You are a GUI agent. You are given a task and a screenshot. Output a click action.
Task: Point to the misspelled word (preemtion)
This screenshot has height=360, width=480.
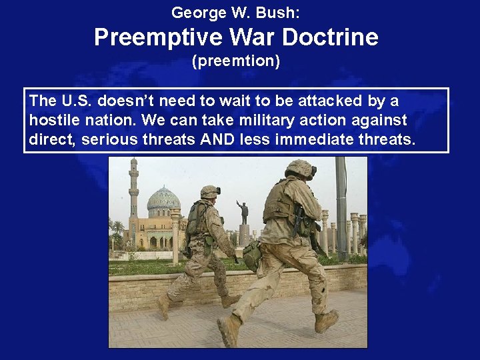[x=236, y=62]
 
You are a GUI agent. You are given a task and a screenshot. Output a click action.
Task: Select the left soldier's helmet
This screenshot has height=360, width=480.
[x=210, y=192]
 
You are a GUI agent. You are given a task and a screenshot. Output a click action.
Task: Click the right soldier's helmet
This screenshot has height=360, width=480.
[x=301, y=168]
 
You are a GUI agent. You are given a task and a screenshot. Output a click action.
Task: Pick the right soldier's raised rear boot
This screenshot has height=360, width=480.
[x=326, y=321]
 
